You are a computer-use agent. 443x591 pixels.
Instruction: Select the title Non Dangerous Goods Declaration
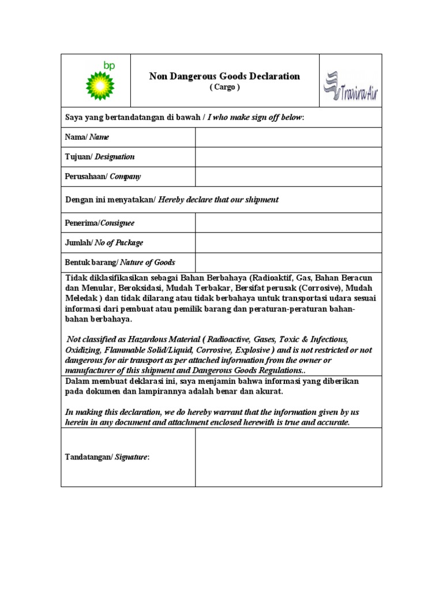click(x=224, y=76)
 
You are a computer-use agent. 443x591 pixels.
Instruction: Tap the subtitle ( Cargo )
click(x=224, y=87)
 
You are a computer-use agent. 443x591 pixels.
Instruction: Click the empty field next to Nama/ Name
click(x=288, y=137)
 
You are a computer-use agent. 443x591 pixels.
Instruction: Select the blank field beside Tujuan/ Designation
click(x=288, y=157)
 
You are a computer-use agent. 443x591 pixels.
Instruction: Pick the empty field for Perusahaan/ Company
click(x=288, y=177)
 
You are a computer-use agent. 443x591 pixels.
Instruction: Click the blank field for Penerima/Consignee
click(x=288, y=223)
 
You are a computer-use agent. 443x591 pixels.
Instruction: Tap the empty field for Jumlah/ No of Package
click(x=288, y=242)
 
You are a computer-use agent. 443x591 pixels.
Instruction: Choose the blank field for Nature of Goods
click(x=288, y=262)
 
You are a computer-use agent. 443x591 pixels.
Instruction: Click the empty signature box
click(x=288, y=457)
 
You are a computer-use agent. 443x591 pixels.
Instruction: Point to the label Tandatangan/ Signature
click(x=107, y=457)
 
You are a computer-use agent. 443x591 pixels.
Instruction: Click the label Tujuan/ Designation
click(x=100, y=157)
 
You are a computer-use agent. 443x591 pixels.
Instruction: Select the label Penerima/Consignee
click(x=100, y=223)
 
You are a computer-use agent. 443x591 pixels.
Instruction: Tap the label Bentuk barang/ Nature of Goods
click(x=120, y=262)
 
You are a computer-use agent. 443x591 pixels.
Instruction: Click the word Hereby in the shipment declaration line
click(x=172, y=200)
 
